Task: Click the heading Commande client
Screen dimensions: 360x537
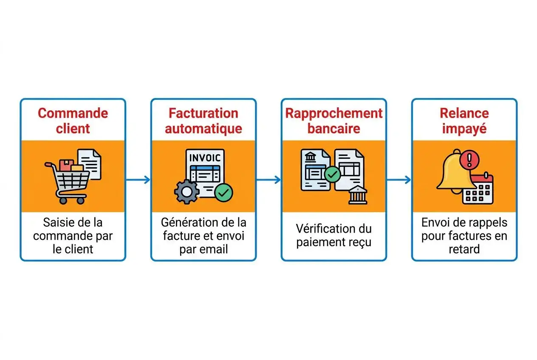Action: (73, 121)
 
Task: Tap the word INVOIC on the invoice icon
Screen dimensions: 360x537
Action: (205, 158)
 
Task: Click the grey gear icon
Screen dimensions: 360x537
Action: (187, 192)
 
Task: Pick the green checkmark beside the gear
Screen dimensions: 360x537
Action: (223, 193)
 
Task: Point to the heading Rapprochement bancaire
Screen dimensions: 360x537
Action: (334, 121)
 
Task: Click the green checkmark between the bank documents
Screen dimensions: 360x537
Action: (332, 174)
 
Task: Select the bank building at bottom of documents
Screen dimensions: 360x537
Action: (358, 195)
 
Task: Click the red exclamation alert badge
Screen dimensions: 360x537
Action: (469, 160)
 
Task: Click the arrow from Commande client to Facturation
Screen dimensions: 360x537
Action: (138, 180)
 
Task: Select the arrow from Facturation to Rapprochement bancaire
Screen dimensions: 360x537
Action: (268, 180)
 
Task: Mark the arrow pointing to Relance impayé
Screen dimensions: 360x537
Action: (399, 180)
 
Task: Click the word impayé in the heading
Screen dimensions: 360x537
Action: (464, 129)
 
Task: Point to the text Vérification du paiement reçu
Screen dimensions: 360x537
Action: (334, 236)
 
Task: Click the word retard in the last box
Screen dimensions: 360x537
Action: (464, 249)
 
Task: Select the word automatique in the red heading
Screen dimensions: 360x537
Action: (203, 129)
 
